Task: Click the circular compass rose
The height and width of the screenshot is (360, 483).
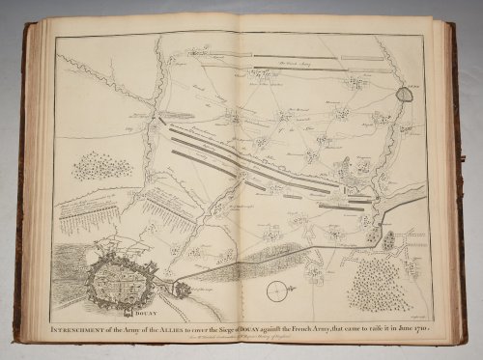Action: click(x=278, y=288)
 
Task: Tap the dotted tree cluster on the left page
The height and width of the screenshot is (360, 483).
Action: click(x=99, y=165)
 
